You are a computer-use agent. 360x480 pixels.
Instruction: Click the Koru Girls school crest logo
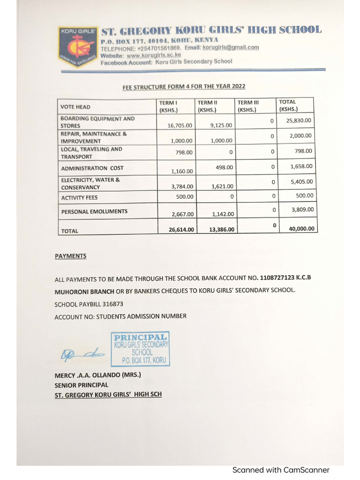[78, 46]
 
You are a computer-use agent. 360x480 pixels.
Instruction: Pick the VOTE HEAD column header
[75, 107]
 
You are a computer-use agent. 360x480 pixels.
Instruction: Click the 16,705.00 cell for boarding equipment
[180, 126]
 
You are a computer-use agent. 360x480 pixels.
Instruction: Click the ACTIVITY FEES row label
[79, 198]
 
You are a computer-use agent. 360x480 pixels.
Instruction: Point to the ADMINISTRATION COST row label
[92, 168]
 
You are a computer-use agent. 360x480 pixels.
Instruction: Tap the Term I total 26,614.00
[181, 229]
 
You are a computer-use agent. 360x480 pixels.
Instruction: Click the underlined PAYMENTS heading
[70, 256]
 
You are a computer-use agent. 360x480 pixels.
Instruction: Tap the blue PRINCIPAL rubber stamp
[140, 349]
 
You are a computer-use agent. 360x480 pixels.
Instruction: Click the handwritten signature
[81, 356]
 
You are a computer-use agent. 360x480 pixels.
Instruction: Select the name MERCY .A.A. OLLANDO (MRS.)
[97, 375]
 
